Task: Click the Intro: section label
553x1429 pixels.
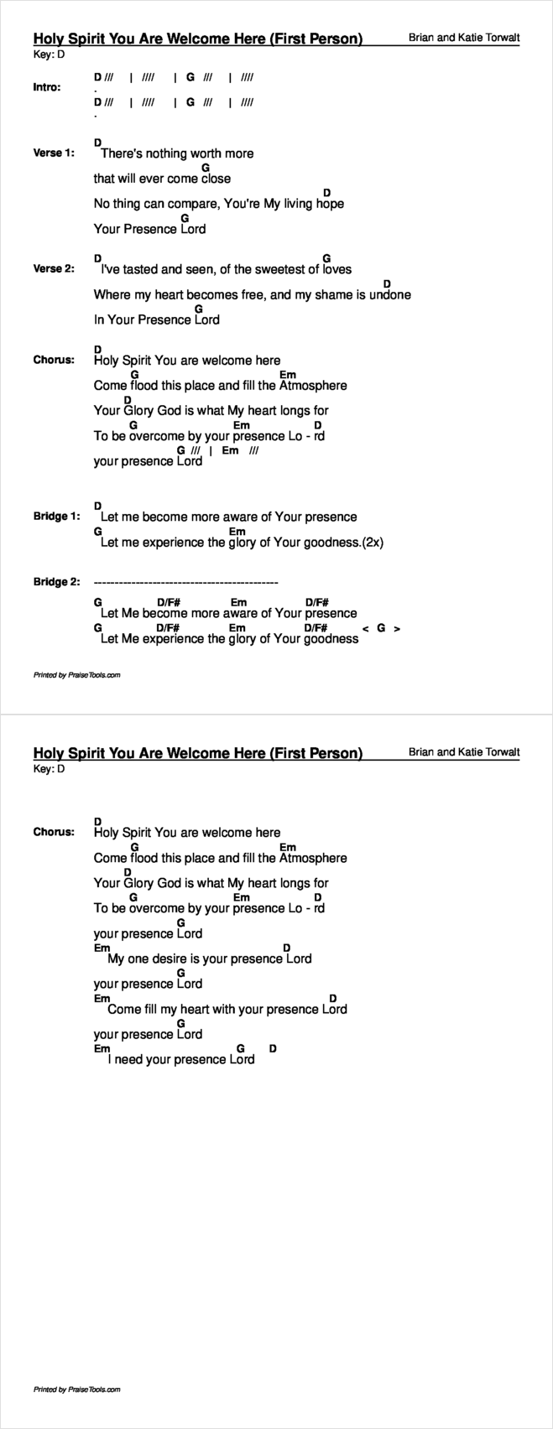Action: point(47,87)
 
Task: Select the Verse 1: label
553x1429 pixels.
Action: point(54,153)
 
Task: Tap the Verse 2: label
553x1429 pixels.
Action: point(54,269)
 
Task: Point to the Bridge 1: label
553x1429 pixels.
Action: point(56,517)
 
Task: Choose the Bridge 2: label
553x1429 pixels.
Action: point(56,582)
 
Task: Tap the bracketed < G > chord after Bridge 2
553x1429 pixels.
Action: point(381,628)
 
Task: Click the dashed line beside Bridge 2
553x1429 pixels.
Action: point(185,582)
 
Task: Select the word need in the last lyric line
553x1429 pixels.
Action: point(129,1060)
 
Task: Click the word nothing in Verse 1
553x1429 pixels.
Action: point(166,153)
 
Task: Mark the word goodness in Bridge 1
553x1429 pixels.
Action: point(331,543)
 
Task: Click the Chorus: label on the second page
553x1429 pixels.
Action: point(54,833)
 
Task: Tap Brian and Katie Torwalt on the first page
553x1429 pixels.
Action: point(464,38)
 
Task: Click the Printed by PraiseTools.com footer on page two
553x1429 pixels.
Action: point(76,1390)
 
